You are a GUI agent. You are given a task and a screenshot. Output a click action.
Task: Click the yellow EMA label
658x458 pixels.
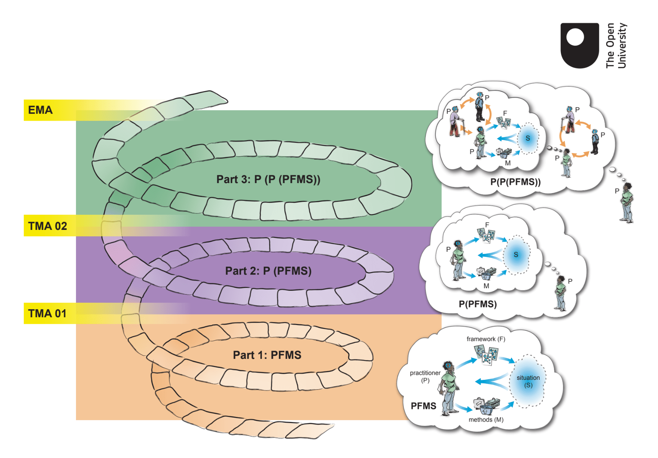tap(40, 110)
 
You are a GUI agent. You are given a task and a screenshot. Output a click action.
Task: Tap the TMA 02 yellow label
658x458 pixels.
tap(48, 226)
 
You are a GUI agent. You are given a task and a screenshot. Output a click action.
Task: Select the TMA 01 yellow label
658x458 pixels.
tap(47, 314)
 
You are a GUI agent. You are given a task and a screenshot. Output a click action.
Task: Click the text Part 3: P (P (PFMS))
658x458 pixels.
tap(268, 179)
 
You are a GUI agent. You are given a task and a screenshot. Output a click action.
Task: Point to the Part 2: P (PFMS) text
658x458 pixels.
tap(268, 271)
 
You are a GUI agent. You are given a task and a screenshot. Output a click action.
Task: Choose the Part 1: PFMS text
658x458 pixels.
tap(267, 355)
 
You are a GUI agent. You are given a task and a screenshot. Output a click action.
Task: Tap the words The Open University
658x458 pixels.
tap(616, 45)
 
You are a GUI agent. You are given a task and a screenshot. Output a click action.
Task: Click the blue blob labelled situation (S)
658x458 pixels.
tap(528, 381)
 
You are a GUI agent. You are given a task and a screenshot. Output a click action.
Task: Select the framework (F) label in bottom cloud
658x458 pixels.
tap(486, 339)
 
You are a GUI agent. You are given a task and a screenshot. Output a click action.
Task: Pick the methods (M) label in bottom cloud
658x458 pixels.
tap(486, 420)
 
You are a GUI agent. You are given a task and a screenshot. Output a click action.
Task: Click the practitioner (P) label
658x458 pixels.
tap(425, 376)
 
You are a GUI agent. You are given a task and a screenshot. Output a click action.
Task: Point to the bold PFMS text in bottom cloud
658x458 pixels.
tap(423, 406)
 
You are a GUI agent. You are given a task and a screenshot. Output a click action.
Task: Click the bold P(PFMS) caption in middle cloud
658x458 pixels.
tap(478, 304)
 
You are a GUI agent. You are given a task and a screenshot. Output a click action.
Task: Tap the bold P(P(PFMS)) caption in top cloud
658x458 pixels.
tap(515, 182)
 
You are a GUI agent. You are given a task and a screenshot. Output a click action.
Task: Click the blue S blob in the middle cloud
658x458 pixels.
tap(516, 255)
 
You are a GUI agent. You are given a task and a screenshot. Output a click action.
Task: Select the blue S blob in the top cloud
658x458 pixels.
tap(528, 138)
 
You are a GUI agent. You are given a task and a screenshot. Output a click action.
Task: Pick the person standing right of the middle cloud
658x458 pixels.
tap(560, 293)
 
